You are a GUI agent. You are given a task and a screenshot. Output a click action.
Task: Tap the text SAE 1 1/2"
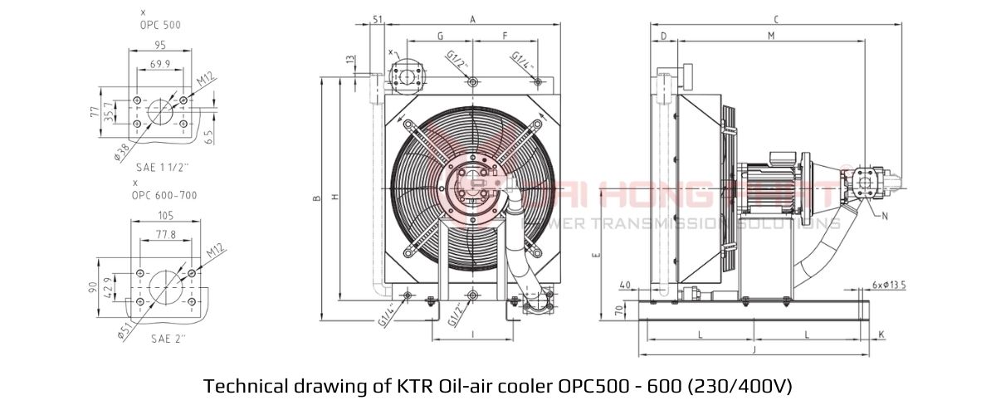tap(163, 167)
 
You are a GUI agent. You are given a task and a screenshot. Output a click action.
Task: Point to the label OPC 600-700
tap(164, 195)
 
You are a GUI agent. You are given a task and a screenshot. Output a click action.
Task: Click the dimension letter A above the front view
tap(472, 18)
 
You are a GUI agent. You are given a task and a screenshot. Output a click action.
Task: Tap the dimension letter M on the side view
tap(770, 36)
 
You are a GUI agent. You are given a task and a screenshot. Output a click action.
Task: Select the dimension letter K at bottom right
tap(881, 334)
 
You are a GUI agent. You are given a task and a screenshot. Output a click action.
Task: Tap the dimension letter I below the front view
tap(472, 334)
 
